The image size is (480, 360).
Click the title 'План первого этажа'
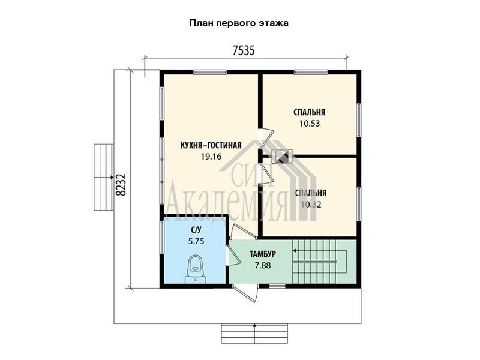click(239, 23)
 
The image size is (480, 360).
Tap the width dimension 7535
click(244, 50)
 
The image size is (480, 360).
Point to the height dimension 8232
click(121, 185)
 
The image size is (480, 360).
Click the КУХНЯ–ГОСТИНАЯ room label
click(211, 145)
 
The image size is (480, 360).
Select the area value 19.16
click(211, 157)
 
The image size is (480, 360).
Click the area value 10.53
click(310, 124)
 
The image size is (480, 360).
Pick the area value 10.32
click(311, 205)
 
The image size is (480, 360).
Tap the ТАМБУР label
click(263, 254)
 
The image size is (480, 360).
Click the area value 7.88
click(263, 265)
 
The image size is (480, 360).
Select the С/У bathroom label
click(196, 230)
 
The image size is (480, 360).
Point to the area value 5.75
click(196, 241)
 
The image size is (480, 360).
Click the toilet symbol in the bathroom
click(196, 269)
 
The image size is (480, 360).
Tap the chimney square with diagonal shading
click(281, 157)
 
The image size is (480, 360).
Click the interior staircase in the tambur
click(320, 262)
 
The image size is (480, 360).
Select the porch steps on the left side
click(103, 177)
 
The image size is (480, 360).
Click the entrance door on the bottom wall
click(245, 293)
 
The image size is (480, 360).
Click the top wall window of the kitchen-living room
click(210, 72)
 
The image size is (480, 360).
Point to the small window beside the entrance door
click(277, 286)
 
